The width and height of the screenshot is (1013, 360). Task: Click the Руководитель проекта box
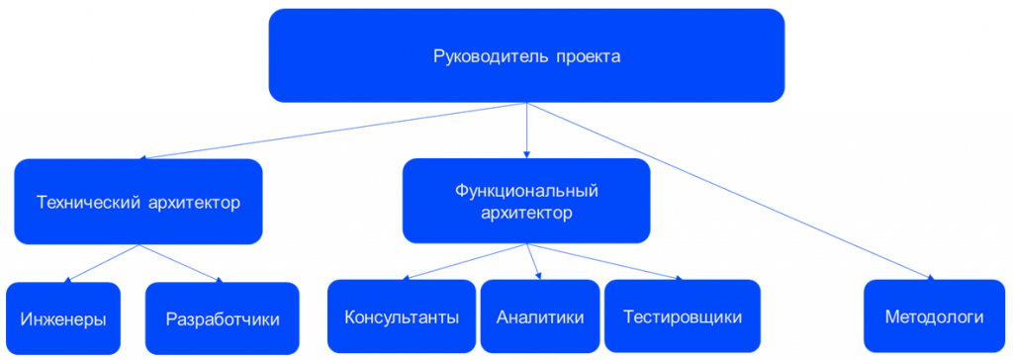point(526,55)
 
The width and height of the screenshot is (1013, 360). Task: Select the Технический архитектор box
point(138,202)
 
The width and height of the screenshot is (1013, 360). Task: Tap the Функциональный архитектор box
point(526,201)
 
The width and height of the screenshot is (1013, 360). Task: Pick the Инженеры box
point(63,318)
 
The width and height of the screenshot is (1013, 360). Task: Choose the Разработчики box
point(223,318)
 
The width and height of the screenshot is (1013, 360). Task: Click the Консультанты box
point(402,316)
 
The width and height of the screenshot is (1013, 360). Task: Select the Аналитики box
point(540,316)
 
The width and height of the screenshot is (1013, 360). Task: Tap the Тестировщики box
point(683,316)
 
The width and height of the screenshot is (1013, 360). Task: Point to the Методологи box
point(934,316)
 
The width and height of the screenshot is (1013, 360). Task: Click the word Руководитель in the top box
point(489,56)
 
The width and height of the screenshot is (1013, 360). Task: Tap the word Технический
point(88,203)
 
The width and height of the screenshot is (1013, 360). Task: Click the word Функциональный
point(526,191)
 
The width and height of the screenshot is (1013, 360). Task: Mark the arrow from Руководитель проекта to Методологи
point(731,191)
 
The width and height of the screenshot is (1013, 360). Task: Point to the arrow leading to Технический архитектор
point(334,131)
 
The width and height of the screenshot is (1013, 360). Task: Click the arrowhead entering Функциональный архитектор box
point(526,155)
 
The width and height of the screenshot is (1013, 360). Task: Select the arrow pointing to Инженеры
point(102,263)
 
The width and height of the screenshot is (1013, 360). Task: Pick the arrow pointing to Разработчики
point(181,263)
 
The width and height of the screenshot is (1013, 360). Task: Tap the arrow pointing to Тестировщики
point(604,262)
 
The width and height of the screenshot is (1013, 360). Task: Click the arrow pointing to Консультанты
point(464,262)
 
